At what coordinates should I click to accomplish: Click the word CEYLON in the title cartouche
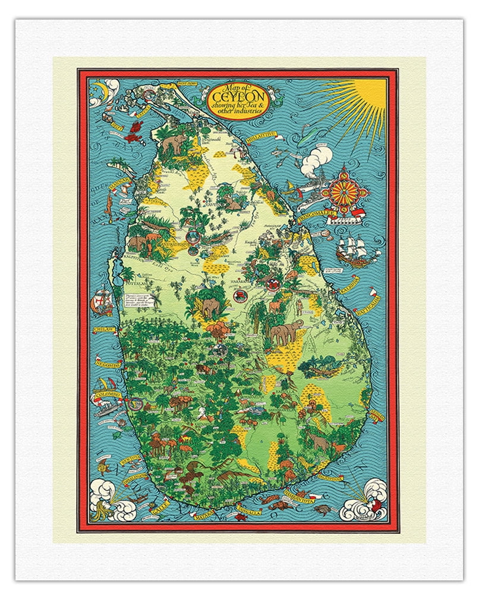(237, 95)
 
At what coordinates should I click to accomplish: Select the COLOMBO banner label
(108, 395)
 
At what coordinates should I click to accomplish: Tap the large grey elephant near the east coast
(285, 332)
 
